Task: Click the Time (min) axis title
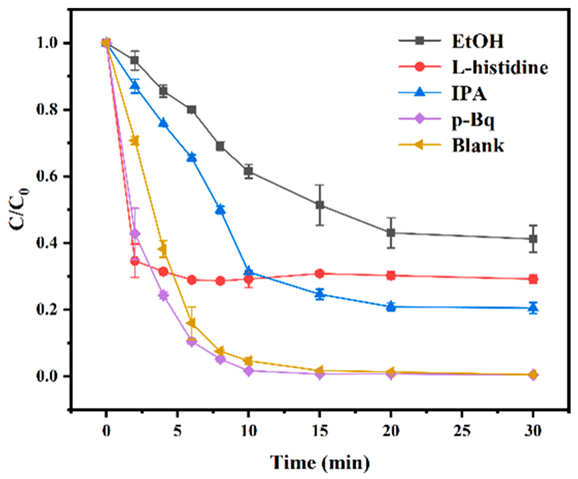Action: click(320, 462)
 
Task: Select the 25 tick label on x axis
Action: click(462, 431)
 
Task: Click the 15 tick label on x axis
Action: click(320, 431)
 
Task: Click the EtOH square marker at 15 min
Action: click(320, 205)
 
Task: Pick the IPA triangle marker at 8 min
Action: click(220, 210)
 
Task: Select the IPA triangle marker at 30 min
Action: click(533, 308)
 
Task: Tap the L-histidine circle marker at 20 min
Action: click(391, 275)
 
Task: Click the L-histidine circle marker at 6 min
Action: click(192, 280)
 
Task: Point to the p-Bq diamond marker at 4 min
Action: click(163, 295)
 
